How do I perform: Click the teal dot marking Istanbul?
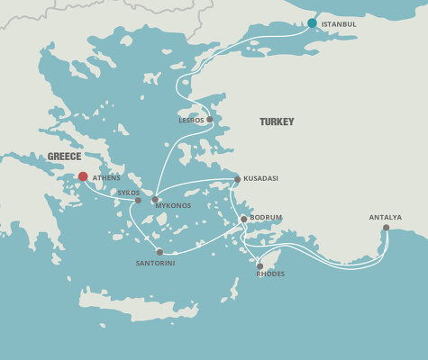(312, 23)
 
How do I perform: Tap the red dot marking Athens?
(83, 177)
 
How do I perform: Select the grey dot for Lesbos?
(209, 119)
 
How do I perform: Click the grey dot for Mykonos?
(155, 200)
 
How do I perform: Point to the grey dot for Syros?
(138, 201)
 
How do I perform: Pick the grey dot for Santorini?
(159, 252)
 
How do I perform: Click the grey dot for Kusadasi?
(237, 179)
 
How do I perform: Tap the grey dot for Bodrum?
(243, 219)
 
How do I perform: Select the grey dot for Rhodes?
(260, 265)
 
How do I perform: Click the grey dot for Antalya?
(386, 228)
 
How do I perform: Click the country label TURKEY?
(277, 121)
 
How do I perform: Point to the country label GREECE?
(65, 156)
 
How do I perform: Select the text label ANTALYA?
(385, 217)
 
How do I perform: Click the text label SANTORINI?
(156, 264)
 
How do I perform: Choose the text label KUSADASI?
(261, 179)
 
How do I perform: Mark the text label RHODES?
(270, 275)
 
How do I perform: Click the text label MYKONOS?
(173, 206)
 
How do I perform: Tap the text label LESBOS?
(192, 119)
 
